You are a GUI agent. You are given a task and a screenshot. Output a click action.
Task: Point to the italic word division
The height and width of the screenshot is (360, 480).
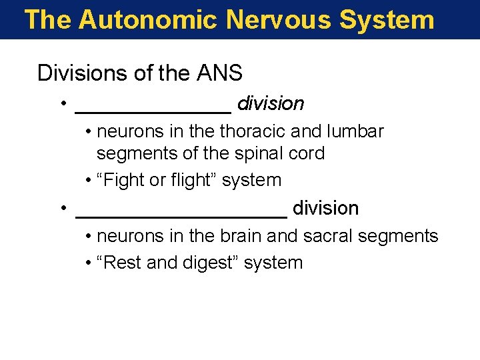pos(271,104)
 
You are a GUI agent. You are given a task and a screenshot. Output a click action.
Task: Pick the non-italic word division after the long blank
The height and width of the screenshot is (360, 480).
pos(325,209)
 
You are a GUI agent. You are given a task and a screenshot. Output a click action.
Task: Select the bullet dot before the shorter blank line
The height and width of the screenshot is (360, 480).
pos(61,104)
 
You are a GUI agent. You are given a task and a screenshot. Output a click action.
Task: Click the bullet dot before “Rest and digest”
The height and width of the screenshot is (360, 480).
pos(89,263)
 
